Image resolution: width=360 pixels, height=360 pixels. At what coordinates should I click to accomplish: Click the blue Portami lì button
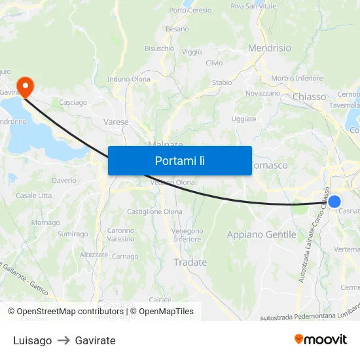[179, 160]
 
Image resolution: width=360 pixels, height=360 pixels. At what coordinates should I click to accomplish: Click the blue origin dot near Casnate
[334, 201]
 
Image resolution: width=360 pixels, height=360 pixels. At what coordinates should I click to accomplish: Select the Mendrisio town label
[269, 48]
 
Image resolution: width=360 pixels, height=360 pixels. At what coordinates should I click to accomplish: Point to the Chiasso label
[309, 97]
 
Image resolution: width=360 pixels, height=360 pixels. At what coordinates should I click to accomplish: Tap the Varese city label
[116, 122]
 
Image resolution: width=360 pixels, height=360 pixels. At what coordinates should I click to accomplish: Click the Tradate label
[190, 262]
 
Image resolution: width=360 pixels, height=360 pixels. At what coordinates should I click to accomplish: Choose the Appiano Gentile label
[261, 234]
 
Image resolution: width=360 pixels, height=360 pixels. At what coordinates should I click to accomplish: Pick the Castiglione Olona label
[154, 211]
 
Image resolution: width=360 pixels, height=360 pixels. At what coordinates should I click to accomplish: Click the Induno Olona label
[129, 79]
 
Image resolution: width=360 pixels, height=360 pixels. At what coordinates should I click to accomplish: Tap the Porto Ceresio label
[190, 10]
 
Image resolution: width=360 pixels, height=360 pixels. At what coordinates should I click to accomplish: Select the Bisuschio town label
[159, 48]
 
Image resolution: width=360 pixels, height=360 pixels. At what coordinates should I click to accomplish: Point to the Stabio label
[222, 82]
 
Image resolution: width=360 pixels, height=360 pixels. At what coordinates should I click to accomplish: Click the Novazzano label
[262, 94]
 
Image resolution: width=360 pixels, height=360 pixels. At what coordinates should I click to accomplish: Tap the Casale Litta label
[33, 196]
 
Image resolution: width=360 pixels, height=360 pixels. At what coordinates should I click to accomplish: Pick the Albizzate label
[94, 255]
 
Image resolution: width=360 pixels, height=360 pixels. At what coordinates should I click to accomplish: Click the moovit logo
[321, 340]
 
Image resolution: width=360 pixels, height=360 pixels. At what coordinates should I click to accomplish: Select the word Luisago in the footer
[32, 340]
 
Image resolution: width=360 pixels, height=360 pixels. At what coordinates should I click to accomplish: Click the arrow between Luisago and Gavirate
[63, 340]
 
